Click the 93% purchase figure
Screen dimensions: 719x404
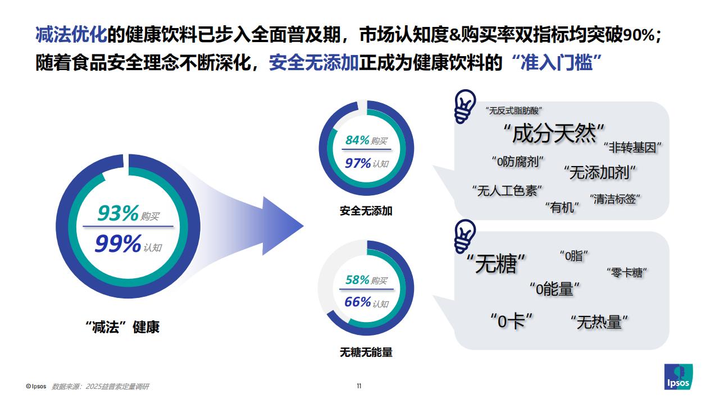(x=118, y=213)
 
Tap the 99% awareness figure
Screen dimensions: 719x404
(x=118, y=244)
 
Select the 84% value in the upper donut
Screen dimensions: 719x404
(x=357, y=140)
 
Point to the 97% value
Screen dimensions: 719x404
(x=358, y=163)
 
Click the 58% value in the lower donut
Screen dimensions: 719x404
(x=357, y=279)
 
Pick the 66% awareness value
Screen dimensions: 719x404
(x=358, y=302)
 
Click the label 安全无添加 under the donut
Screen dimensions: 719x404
(x=366, y=211)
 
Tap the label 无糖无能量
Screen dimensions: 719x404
(x=366, y=352)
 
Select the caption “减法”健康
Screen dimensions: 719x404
(x=122, y=327)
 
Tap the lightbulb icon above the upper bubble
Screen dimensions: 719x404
(x=465, y=106)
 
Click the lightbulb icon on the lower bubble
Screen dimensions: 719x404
(x=465, y=237)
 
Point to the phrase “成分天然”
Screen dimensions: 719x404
(x=554, y=134)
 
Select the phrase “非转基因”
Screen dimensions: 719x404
(x=632, y=148)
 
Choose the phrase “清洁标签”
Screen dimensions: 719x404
(x=615, y=199)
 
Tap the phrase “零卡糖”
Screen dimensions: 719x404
(x=627, y=273)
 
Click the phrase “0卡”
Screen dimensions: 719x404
(x=511, y=321)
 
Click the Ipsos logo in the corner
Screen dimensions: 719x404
(x=678, y=377)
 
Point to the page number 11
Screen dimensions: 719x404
(x=359, y=386)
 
